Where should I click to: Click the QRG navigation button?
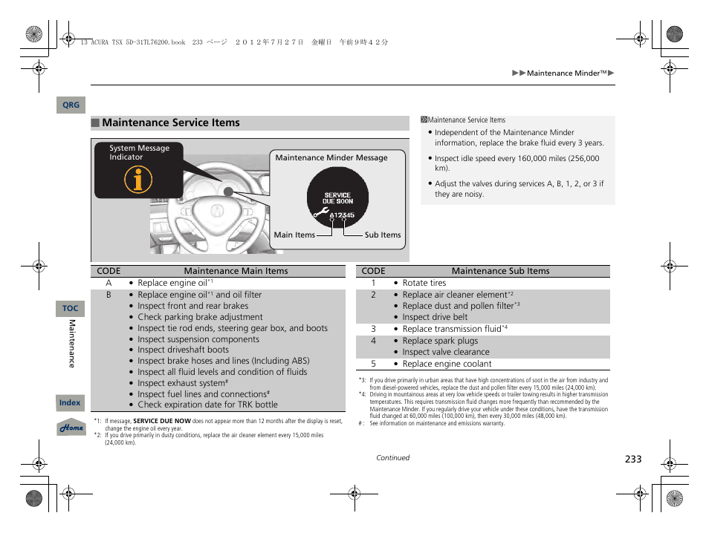[71, 105]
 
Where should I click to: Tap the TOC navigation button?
[70, 308]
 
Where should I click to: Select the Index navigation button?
[70, 402]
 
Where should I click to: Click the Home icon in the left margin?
[71, 428]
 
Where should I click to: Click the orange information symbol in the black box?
[138, 179]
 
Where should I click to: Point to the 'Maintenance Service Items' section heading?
[171, 122]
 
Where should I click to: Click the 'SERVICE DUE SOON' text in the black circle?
[338, 198]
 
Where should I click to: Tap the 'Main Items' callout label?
[294, 235]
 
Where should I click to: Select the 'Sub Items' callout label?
[382, 235]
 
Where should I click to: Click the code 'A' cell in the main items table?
[109, 283]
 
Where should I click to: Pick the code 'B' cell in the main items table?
[109, 295]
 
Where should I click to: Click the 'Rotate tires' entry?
[424, 283]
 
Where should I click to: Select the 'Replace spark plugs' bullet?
[440, 341]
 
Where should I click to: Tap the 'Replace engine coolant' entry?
[447, 364]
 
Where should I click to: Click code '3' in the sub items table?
[373, 328]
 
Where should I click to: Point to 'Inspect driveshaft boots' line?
[183, 350]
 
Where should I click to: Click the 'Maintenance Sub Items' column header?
[500, 271]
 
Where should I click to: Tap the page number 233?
[632, 460]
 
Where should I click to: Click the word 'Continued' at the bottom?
[392, 458]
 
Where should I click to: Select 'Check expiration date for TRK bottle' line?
[207, 405]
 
